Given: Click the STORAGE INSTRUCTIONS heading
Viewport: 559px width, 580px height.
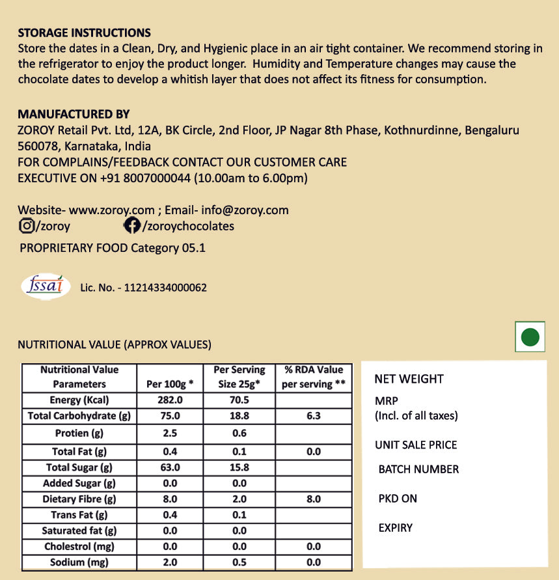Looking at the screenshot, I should (x=84, y=33).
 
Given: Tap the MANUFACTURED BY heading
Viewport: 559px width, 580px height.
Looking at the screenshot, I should (x=74, y=114).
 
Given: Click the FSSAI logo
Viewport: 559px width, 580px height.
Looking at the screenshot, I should (x=46, y=285).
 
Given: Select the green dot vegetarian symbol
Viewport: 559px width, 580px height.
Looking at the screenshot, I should (x=531, y=337).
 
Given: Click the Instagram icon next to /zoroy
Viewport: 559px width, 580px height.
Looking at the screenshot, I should (x=27, y=226).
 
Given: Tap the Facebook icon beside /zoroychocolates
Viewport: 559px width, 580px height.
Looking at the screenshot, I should (x=131, y=226).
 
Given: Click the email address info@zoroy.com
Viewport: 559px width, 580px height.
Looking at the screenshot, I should (x=245, y=210).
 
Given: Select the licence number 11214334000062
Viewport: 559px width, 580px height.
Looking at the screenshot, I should (x=165, y=287).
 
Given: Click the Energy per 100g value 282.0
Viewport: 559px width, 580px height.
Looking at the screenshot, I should (x=170, y=400).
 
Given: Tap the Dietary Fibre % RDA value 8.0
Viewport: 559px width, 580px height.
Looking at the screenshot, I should (x=313, y=499).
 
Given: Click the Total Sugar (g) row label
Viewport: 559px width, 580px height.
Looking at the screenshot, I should (x=79, y=467).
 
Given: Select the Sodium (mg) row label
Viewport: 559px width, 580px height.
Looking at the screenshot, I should (x=79, y=562).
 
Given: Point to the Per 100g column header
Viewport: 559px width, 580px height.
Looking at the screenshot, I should (x=170, y=384).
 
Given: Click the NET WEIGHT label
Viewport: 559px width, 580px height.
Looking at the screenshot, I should (x=409, y=379).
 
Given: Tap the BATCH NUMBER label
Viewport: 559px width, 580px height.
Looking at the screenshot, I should (x=418, y=469).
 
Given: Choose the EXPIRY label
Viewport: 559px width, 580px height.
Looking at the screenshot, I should (x=396, y=527).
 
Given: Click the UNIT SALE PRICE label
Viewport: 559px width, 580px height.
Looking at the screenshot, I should (x=416, y=445).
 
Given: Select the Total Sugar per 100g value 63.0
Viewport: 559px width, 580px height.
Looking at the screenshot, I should (x=170, y=467).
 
